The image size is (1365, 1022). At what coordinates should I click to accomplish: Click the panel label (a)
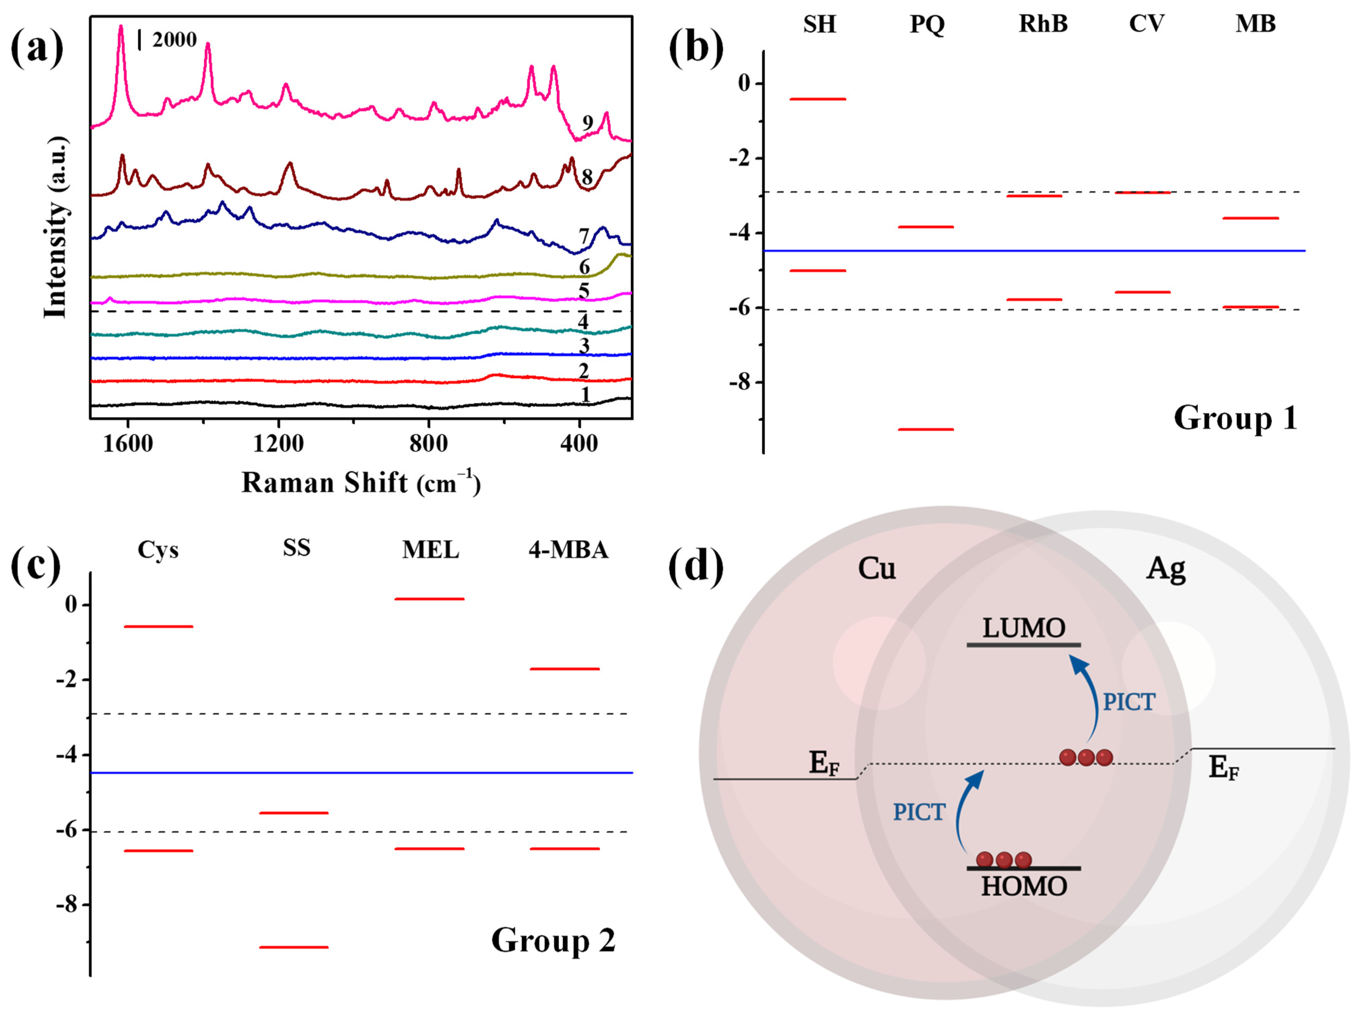click(37, 48)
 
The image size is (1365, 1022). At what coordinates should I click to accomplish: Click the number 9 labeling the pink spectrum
click(588, 124)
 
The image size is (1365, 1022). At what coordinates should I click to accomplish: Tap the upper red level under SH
click(818, 99)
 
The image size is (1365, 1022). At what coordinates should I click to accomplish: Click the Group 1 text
click(1235, 418)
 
